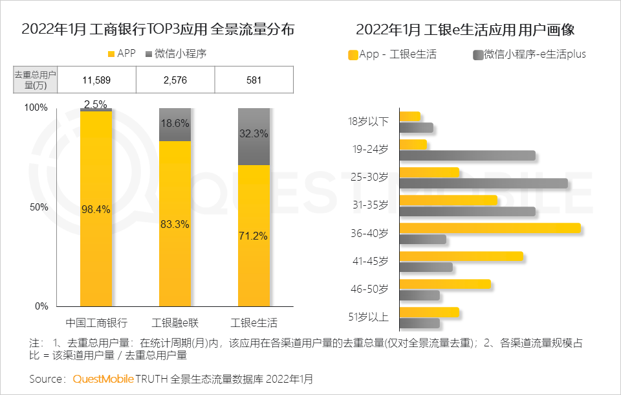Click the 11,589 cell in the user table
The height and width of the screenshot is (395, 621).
(x=97, y=80)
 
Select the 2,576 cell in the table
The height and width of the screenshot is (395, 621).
(x=175, y=80)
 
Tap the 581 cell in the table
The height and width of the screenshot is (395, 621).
(x=254, y=80)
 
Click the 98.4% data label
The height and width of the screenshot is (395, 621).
(x=96, y=209)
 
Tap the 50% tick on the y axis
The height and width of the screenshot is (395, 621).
(x=39, y=207)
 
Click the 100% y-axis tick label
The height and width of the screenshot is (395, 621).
(x=36, y=107)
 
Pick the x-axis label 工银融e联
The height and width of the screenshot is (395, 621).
(x=175, y=322)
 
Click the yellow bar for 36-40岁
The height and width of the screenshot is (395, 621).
(x=490, y=228)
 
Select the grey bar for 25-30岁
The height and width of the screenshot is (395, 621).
(x=483, y=183)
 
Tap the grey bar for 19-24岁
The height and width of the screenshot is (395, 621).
(x=467, y=155)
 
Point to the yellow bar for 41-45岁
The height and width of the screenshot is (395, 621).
(x=461, y=256)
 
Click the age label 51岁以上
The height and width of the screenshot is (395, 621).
(x=368, y=317)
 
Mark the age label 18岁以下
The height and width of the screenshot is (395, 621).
(x=368, y=121)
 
